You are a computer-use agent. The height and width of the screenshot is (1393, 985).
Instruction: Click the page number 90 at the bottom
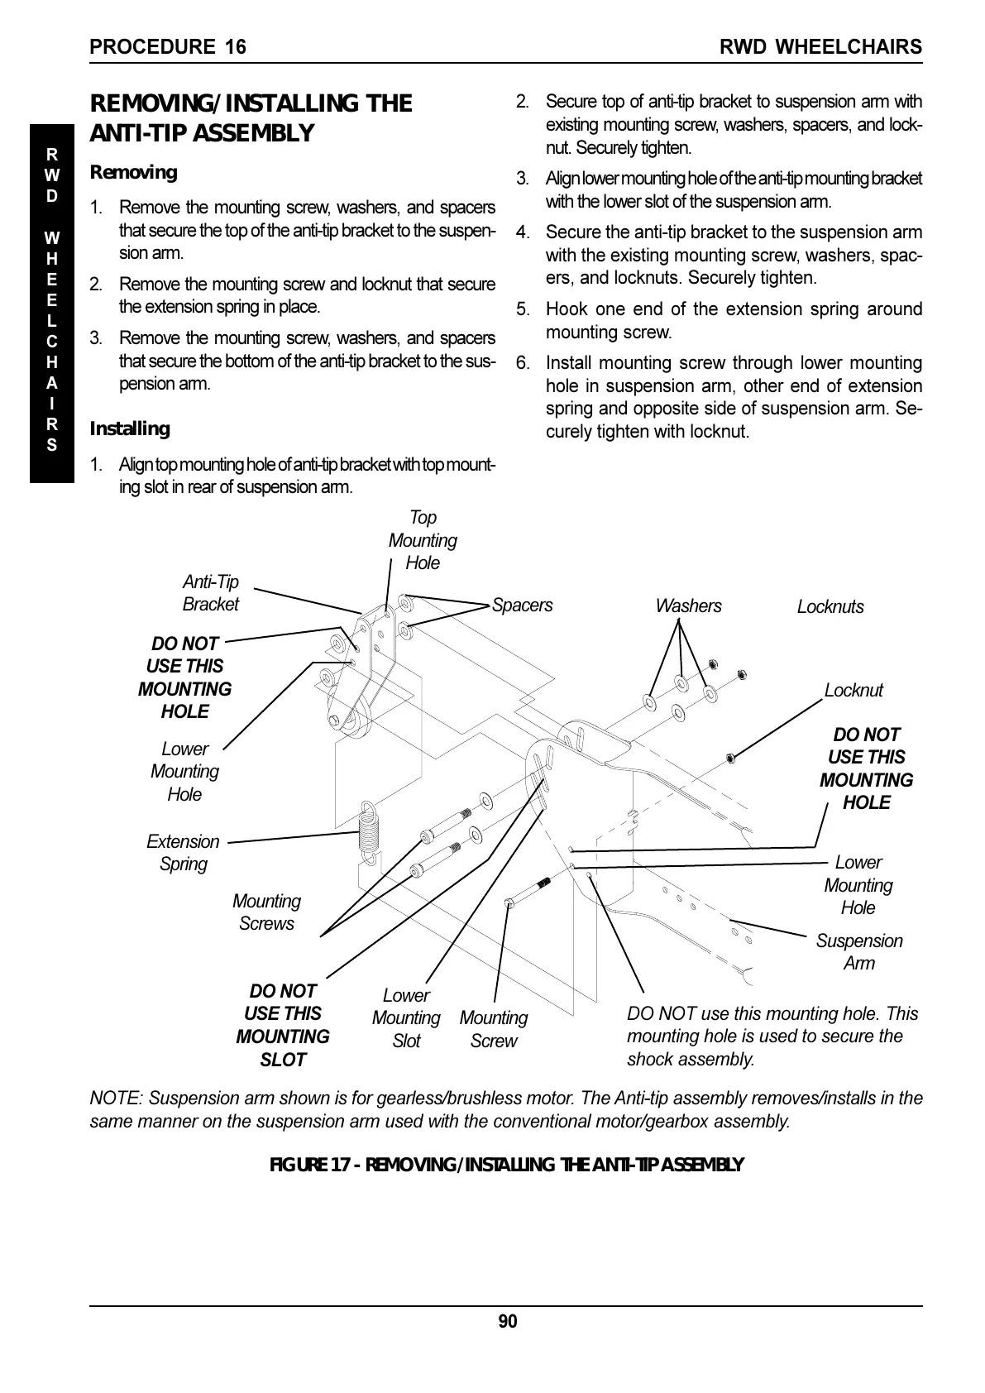507,1321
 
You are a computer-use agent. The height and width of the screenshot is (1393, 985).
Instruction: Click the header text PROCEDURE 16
168,47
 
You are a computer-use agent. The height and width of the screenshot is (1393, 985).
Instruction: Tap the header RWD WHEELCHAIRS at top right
820,47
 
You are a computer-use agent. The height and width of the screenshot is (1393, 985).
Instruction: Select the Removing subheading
133,173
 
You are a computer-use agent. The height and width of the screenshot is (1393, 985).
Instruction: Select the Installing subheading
130,428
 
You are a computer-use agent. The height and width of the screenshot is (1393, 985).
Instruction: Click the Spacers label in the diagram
522,606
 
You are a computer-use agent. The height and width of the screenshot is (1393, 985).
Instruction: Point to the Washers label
688,606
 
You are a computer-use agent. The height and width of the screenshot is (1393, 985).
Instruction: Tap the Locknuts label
830,607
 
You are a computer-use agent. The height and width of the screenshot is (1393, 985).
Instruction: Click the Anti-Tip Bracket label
210,593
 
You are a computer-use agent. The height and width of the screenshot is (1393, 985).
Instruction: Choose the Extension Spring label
183,853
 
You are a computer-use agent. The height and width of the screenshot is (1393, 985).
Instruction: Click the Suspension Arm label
859,952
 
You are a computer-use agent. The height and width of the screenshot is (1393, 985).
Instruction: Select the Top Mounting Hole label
423,540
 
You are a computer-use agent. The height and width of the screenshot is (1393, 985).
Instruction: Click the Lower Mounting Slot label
406,1018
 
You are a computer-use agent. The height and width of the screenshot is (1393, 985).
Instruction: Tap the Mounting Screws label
266,912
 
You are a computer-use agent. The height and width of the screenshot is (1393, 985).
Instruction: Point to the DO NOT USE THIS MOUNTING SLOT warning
283,1025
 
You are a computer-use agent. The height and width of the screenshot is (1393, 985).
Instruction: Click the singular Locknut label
854,691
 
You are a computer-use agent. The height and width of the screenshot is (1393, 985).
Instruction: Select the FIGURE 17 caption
507,1166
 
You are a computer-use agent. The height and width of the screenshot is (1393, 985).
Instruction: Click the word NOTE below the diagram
114,1099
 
